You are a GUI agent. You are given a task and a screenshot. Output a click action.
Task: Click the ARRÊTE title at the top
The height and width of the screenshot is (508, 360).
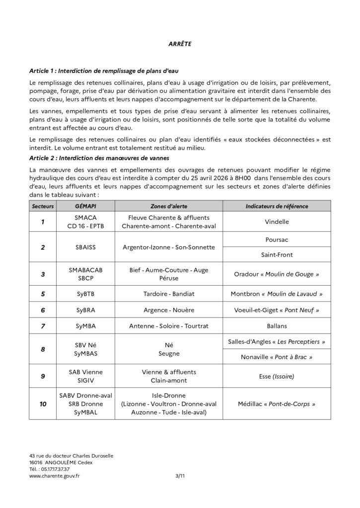click(x=180, y=44)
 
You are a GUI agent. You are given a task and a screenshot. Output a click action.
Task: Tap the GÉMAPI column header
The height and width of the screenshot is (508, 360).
click(x=86, y=206)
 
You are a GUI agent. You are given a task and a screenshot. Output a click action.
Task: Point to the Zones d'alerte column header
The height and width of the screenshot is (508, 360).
click(x=169, y=206)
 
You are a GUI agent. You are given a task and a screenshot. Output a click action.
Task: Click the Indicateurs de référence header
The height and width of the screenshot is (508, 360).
click(x=277, y=206)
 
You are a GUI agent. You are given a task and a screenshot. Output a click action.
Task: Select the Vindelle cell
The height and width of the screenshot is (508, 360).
click(x=277, y=222)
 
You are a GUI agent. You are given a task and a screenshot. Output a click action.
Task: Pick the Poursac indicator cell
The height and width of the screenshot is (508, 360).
click(x=277, y=239)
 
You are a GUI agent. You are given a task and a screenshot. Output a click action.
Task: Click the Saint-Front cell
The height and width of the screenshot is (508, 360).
click(x=277, y=254)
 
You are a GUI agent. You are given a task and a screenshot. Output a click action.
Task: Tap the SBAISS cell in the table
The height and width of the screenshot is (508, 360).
click(x=86, y=247)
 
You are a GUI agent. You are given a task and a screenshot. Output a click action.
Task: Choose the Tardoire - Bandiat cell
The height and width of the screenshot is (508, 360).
click(x=169, y=294)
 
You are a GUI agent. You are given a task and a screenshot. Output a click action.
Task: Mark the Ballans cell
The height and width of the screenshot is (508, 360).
click(x=277, y=326)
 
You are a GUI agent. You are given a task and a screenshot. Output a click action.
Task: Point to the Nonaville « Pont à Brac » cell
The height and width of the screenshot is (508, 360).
click(x=277, y=357)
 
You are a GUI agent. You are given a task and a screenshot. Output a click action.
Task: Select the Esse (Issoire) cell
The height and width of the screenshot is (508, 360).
click(x=277, y=377)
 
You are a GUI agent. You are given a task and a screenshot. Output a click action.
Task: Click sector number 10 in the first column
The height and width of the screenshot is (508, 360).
click(x=43, y=404)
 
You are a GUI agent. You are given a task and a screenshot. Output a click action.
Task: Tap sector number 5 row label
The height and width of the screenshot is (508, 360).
click(x=43, y=294)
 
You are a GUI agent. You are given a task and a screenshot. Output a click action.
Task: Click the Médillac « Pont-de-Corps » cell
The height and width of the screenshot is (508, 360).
click(x=277, y=404)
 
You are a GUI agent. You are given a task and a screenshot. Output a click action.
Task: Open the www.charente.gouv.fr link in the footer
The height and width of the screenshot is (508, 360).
click(x=55, y=475)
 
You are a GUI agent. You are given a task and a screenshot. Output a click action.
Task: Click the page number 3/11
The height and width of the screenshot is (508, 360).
click(x=173, y=475)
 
